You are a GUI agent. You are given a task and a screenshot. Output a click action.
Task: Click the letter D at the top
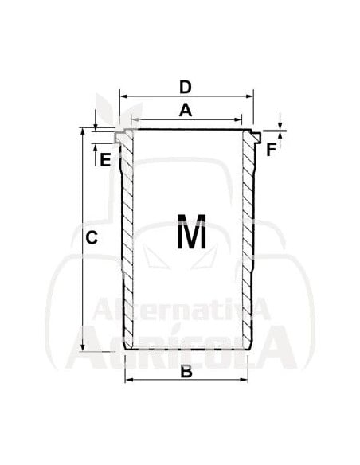(x=185, y=85)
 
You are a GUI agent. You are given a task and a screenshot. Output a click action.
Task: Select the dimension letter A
(x=185, y=111)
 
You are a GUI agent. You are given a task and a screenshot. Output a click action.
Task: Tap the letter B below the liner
(x=186, y=370)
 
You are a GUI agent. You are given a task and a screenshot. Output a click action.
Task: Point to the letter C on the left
(x=92, y=237)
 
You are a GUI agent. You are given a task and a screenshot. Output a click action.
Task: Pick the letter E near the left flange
(x=104, y=159)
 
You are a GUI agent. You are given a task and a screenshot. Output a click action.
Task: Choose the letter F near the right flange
(x=272, y=149)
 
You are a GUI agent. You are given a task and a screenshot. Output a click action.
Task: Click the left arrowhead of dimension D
(x=124, y=96)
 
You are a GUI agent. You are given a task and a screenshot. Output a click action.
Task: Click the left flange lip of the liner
(x=119, y=137)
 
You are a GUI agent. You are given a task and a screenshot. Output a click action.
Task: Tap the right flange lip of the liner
(x=255, y=137)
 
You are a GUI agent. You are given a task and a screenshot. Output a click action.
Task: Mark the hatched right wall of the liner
(x=248, y=239)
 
